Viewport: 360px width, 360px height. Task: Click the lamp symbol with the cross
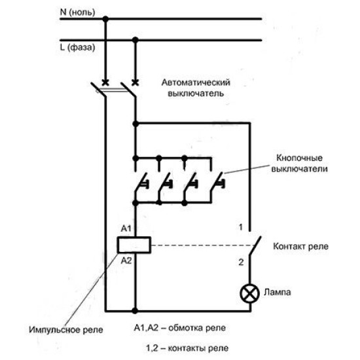(250, 293)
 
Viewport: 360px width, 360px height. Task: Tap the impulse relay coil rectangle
(134, 245)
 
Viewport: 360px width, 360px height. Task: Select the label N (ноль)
(77, 12)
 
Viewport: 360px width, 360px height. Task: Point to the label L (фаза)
(77, 48)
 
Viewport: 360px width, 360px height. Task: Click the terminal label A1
(126, 228)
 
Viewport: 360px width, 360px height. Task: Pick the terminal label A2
(126, 261)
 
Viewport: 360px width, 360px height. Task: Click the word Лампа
(278, 293)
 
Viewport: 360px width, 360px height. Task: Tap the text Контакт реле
(301, 246)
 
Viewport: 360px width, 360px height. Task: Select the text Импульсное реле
(66, 330)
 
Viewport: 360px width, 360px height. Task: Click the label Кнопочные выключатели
(300, 164)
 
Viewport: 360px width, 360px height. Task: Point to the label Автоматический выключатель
(196, 88)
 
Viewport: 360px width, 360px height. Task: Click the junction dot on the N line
(105, 19)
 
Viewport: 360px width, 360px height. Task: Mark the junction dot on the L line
(135, 40)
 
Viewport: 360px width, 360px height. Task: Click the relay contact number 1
(241, 227)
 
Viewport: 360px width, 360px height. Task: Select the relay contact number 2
(241, 262)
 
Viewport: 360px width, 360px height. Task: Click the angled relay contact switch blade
(255, 245)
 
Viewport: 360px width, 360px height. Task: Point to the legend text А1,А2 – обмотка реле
(180, 328)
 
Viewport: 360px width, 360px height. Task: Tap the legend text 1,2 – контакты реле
(187, 348)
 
